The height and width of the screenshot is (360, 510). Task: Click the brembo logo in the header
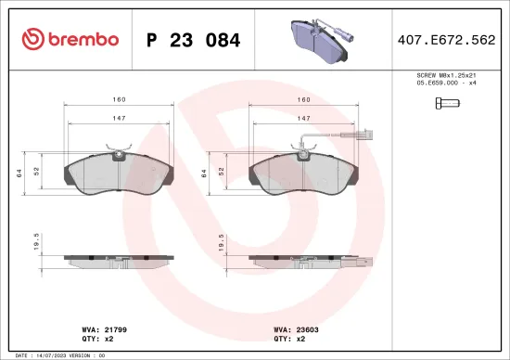click(70, 39)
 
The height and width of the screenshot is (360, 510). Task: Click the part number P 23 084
click(194, 40)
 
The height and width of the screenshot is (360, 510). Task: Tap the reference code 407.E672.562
click(444, 40)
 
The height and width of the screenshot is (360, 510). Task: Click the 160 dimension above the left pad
click(118, 99)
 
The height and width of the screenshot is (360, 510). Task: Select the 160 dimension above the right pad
click(302, 99)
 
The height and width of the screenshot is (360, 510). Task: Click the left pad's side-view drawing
click(118, 259)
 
